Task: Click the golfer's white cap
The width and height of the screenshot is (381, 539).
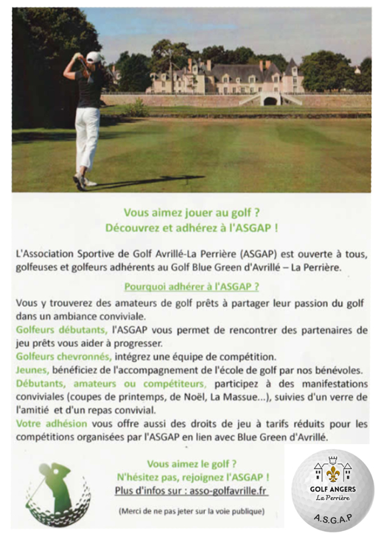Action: (94, 57)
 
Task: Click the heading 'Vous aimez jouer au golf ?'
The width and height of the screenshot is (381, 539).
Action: (191, 213)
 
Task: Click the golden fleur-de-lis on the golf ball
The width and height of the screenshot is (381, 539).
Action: (332, 473)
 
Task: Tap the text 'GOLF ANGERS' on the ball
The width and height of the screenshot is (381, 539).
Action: (332, 489)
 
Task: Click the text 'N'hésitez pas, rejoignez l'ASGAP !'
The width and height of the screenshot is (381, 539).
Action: (192, 477)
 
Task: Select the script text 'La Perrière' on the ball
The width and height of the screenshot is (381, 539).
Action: (332, 498)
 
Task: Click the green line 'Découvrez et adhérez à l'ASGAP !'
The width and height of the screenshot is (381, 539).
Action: (191, 228)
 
